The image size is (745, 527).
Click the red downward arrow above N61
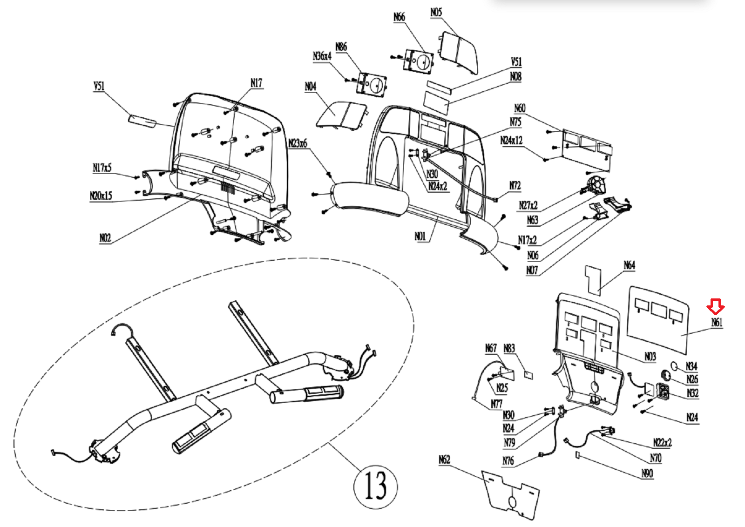tap(715, 306)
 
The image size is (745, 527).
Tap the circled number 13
tap(375, 486)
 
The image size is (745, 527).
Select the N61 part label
tap(717, 322)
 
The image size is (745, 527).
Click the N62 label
tap(444, 460)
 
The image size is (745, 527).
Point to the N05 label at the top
tap(436, 13)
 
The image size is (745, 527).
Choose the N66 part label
tap(399, 17)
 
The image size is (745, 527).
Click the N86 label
tap(341, 47)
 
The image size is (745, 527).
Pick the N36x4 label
tap(322, 56)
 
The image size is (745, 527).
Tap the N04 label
tap(310, 87)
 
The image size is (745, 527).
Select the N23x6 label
tap(298, 143)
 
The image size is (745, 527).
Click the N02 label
tap(105, 238)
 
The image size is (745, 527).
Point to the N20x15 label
tap(101, 196)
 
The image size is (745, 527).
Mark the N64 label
tap(629, 265)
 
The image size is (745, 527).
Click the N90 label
tap(647, 473)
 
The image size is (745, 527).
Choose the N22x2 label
tap(662, 442)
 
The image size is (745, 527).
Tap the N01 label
tap(420, 236)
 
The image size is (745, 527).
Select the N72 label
tap(515, 186)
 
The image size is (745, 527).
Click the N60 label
tap(519, 108)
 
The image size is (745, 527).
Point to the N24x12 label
tap(511, 141)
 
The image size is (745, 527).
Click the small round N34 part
tap(674, 365)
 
